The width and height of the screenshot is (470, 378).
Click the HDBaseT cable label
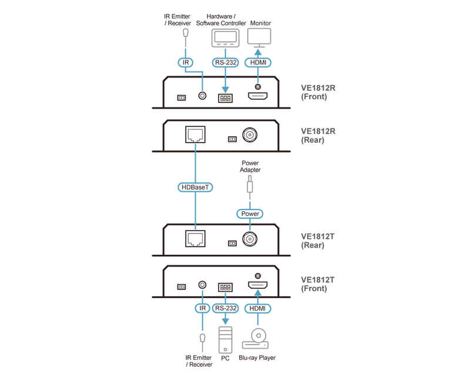coord(195,187)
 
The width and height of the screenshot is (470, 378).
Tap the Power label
coord(250,214)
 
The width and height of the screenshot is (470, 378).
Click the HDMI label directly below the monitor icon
coord(257,62)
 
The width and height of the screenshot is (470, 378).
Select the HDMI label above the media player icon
coord(257,308)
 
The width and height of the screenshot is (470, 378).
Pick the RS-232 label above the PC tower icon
coord(225,308)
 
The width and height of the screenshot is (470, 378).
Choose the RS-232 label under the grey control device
coord(225,62)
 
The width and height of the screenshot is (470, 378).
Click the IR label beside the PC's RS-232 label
coord(202,308)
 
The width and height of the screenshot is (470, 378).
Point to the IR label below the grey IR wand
coord(186,62)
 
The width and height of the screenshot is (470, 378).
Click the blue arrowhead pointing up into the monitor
coord(257,52)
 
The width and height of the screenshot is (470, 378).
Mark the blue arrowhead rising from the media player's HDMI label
coord(257,295)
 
